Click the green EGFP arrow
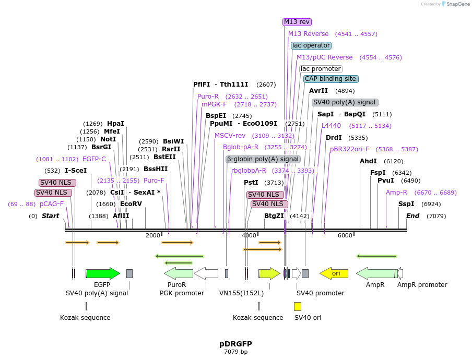[x=102, y=273]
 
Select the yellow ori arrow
[x=334, y=273]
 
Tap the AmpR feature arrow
[x=376, y=273]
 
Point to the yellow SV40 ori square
[x=298, y=306]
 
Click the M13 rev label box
[x=297, y=22]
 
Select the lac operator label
[x=311, y=45]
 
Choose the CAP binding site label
[x=331, y=79]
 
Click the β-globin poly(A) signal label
[x=263, y=159]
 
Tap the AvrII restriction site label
[x=318, y=91]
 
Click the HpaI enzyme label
[x=115, y=124]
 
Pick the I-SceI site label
[x=76, y=171]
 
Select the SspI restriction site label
[x=406, y=204]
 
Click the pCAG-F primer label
[x=52, y=204]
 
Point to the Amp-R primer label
[x=396, y=193]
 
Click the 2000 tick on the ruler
[x=153, y=235]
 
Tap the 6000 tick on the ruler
[x=345, y=235]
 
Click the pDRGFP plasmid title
[x=235, y=344]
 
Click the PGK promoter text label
[x=182, y=293]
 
